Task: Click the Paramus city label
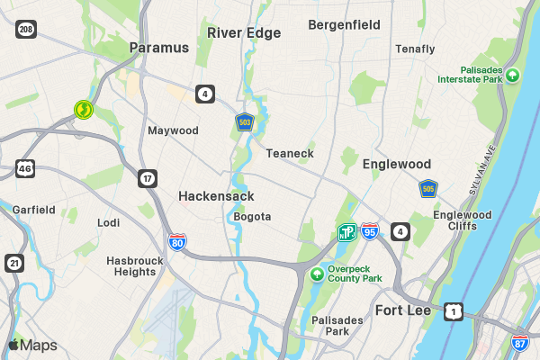(x=159, y=48)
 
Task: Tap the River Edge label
(x=244, y=33)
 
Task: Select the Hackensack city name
(x=216, y=195)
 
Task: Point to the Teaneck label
(x=290, y=154)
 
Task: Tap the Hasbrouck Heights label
(x=131, y=265)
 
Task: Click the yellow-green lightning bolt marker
(x=83, y=110)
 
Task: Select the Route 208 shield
(x=26, y=30)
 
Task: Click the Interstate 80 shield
(x=177, y=242)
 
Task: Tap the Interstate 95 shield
(x=371, y=232)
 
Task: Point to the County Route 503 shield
(x=244, y=121)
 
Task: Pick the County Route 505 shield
(x=428, y=189)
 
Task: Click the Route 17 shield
(x=148, y=178)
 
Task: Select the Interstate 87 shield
(x=520, y=343)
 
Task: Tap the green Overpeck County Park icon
(x=317, y=274)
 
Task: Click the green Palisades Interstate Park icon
(x=512, y=74)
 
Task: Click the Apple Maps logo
(x=32, y=346)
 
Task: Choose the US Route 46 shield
(x=25, y=168)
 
